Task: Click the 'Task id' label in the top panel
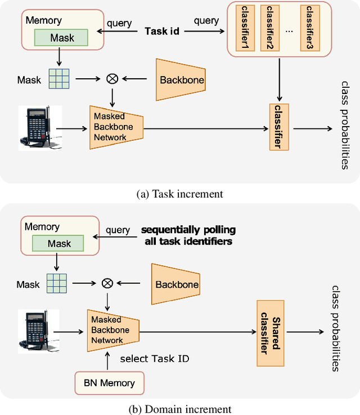[x=162, y=31]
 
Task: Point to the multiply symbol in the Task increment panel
[x=112, y=79]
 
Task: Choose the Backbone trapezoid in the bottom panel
[x=175, y=284]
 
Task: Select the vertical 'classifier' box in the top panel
[x=278, y=127]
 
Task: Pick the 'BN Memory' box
[x=110, y=383]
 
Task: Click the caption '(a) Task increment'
[x=179, y=194]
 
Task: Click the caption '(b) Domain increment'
[x=180, y=409]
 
